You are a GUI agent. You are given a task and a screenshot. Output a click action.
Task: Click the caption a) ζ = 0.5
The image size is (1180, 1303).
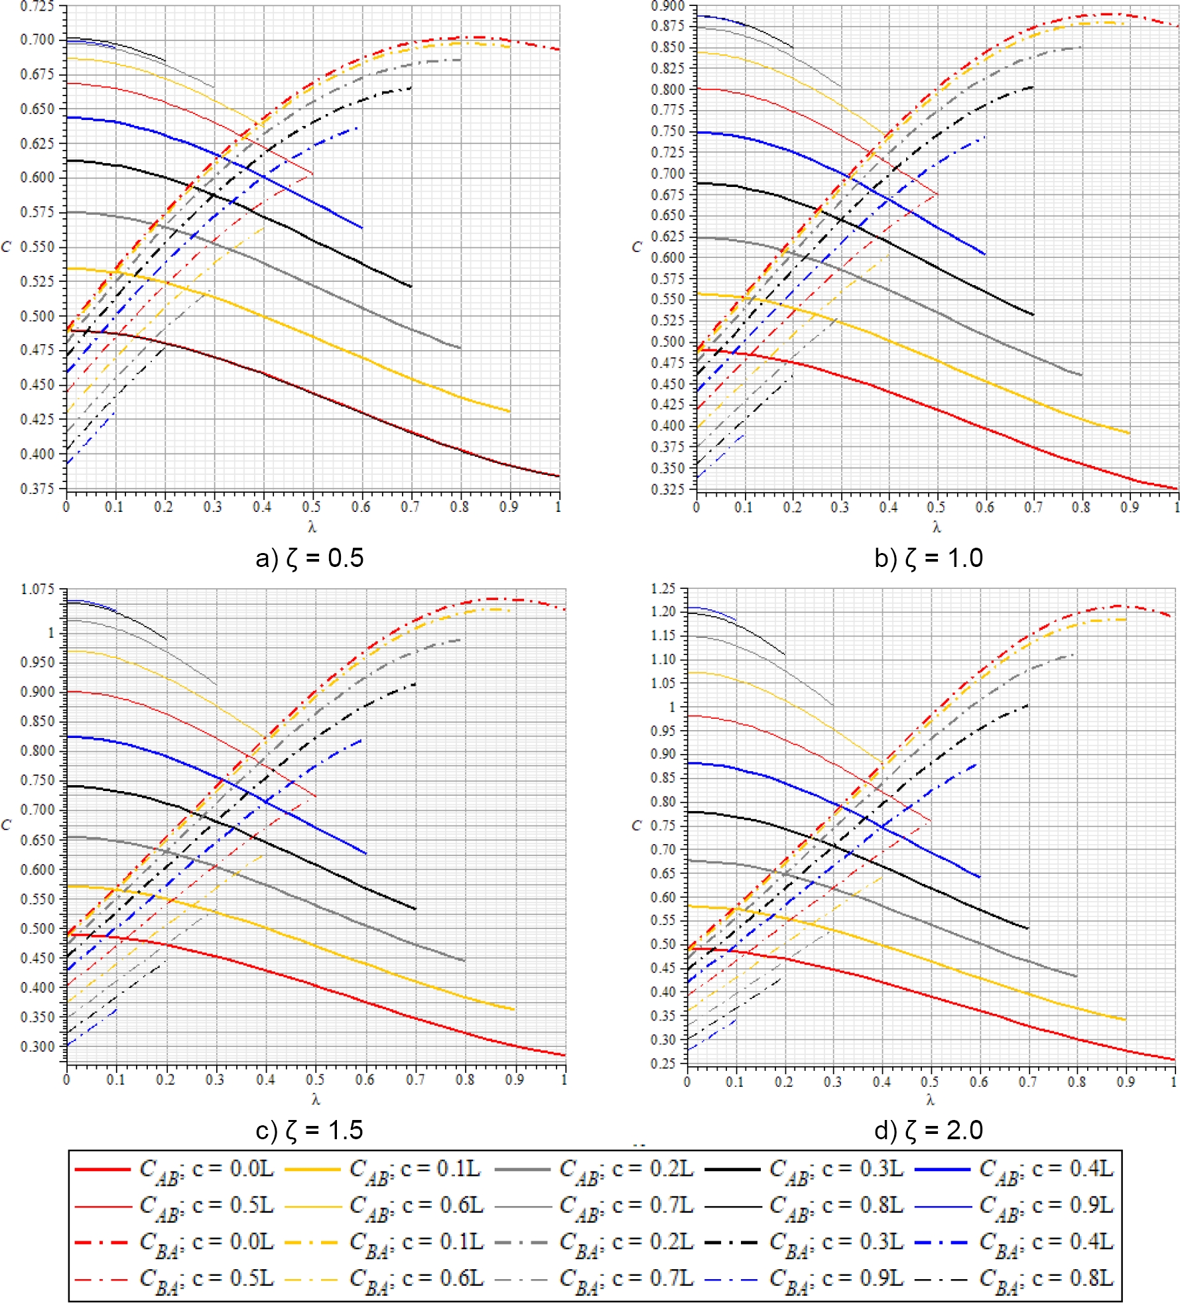coord(310,558)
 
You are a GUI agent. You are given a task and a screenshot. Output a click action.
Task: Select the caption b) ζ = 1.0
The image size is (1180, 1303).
coord(929,558)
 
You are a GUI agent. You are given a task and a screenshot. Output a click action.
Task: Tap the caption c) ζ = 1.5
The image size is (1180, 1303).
coord(310,1130)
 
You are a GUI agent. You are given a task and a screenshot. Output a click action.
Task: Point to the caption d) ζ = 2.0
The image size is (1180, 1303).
coord(929,1130)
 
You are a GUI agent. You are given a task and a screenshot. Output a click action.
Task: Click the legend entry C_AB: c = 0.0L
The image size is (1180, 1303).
coord(174,1170)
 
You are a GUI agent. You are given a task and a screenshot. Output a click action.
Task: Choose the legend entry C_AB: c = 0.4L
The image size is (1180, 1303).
coord(1014,1170)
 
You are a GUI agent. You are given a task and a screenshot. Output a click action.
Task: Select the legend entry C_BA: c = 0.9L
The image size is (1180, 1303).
coord(804,1278)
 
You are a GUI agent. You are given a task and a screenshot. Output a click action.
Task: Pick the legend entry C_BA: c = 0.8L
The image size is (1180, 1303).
coord(1014,1278)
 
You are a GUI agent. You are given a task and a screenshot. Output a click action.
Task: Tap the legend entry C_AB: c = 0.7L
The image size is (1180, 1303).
coord(594,1206)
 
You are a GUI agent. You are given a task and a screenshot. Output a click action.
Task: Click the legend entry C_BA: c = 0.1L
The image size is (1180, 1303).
coord(383,1243)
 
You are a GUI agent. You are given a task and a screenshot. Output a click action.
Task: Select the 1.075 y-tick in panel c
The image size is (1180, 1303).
coord(37,589)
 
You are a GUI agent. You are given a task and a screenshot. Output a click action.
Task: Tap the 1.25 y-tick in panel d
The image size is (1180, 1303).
coord(664,589)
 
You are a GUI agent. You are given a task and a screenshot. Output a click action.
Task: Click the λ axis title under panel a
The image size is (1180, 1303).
coord(312,528)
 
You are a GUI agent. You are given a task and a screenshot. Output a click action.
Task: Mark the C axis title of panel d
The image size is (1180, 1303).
coord(637,826)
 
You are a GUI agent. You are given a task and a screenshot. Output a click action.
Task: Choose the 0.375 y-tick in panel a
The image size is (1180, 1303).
coord(37,489)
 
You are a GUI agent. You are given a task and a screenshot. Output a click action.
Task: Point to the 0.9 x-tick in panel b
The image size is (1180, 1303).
coord(1130,508)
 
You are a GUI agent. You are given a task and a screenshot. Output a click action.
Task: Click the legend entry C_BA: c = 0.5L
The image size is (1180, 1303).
coord(174,1278)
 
